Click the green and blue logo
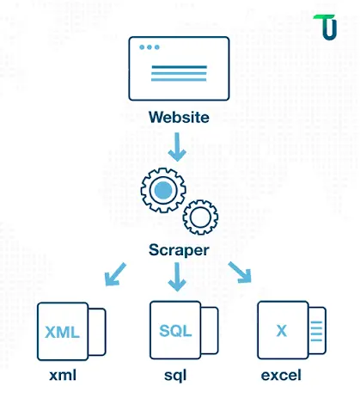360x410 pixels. coord(326,27)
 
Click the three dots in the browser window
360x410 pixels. coord(149,47)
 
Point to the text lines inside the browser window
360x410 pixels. coord(179,73)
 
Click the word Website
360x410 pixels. coord(179,117)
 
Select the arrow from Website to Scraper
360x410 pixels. coord(177,147)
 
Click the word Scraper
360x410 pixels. coord(179,250)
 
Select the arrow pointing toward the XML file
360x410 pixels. coord(115,274)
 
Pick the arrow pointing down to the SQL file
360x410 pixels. coord(177,277)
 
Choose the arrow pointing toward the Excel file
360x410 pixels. coord(240,272)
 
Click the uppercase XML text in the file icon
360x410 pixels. coord(62,333)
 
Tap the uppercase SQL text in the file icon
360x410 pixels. coord(175,331)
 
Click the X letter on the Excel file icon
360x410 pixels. coord(282,331)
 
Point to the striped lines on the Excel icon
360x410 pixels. coord(316,331)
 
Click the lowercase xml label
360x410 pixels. coord(63,376)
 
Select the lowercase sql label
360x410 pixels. coord(175,376)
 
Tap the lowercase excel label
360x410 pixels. coord(281,376)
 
